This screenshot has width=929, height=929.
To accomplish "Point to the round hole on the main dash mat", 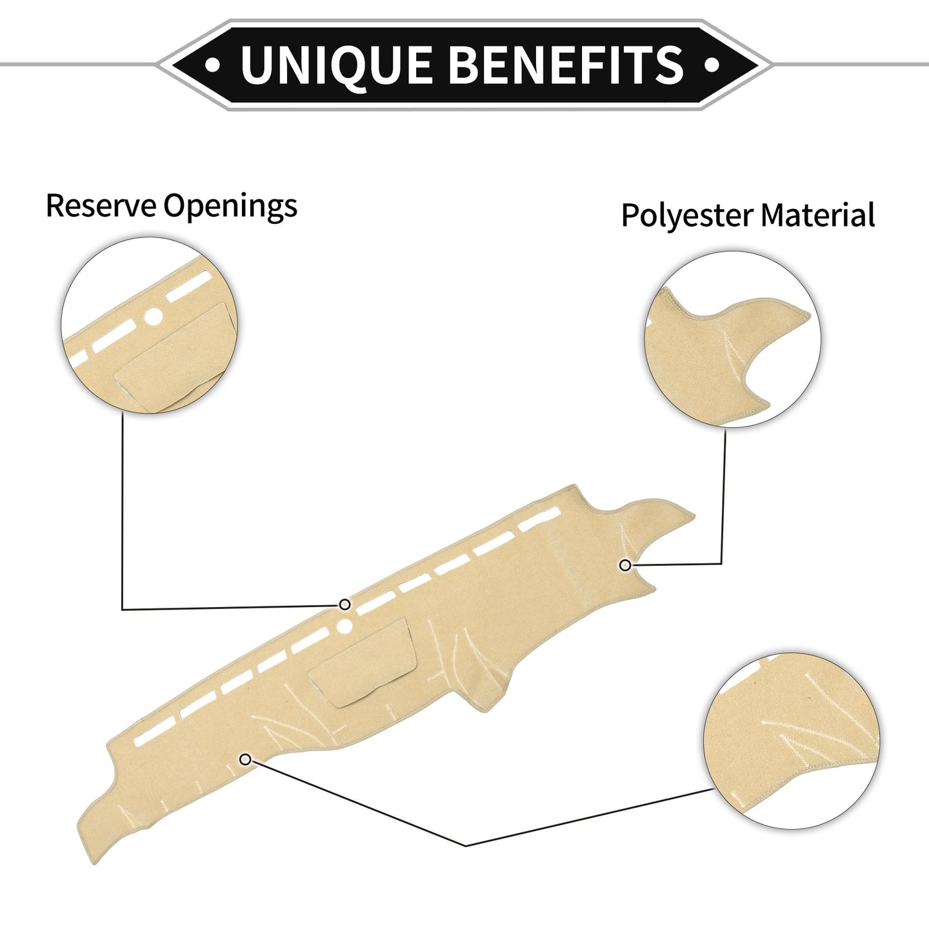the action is coord(344,626).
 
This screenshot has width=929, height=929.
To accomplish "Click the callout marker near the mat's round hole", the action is coord(345,604).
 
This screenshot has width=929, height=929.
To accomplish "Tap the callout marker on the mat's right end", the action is coord(625,566).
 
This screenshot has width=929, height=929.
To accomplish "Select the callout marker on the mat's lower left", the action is coord(245,760).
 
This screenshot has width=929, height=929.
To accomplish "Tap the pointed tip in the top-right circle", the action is coord(809,314).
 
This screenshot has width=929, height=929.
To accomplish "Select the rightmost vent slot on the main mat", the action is coord(539,519).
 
